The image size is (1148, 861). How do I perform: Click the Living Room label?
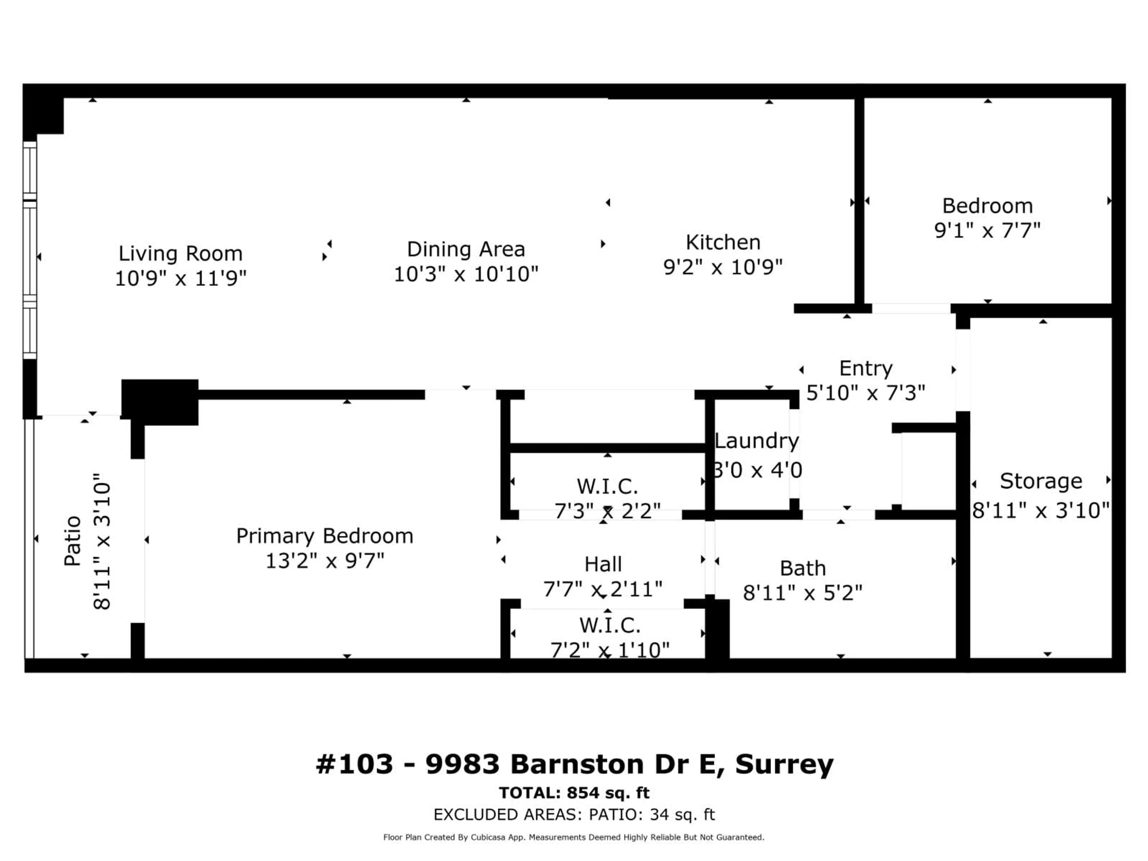(x=180, y=254)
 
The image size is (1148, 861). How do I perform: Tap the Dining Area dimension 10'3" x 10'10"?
(x=465, y=274)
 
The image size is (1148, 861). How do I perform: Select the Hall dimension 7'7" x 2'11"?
(x=602, y=589)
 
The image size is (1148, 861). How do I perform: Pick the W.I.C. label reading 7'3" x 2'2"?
(x=607, y=487)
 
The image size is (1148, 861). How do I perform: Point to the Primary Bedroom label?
(x=324, y=536)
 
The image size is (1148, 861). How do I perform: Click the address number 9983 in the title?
(x=462, y=764)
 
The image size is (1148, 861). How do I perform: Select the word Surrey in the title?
(x=784, y=764)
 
